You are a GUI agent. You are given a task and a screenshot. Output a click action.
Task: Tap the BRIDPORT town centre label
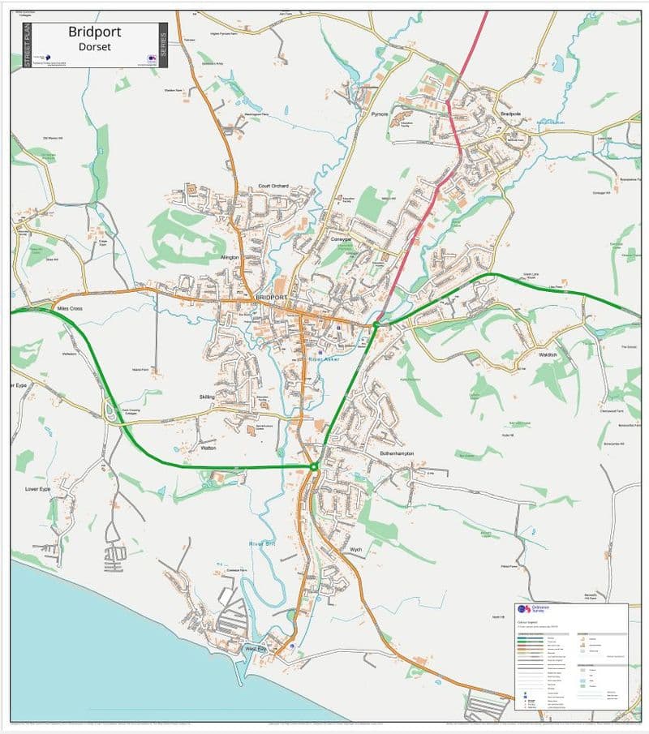pos(271,298)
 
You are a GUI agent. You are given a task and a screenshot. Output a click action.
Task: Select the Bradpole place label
pos(510,114)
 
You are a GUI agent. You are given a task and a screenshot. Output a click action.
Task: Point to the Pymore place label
pos(380,115)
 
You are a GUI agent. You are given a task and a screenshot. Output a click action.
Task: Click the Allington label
pos(231,257)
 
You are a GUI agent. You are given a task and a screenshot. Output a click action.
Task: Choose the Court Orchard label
pos(273,187)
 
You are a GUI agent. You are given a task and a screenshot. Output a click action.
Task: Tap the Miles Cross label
pos(71,309)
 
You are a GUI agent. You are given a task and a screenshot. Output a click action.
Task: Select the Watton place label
pos(208,448)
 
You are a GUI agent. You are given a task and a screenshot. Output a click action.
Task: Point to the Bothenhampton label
pos(398,454)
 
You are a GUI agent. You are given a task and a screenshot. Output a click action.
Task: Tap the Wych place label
pos(355,550)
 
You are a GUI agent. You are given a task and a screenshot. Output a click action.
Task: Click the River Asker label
pos(324,358)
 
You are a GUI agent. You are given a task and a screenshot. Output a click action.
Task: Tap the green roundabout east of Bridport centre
pos(376,325)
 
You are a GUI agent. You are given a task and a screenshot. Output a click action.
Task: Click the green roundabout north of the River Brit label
pos(314,466)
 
